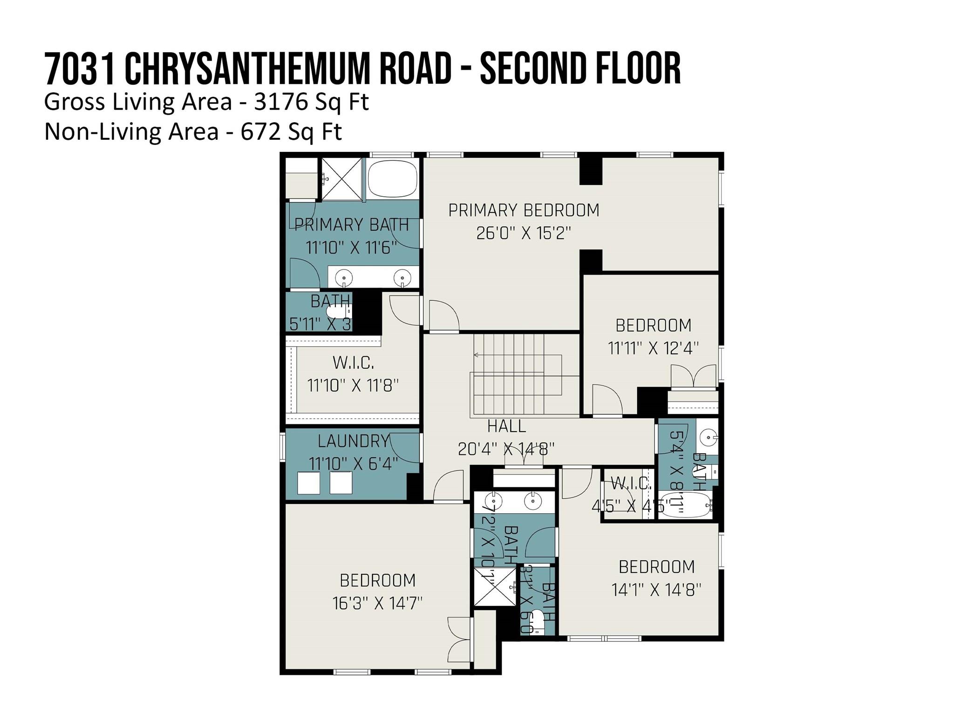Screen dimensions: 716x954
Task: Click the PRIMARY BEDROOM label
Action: click(x=524, y=210)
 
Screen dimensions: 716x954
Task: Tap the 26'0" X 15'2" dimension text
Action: click(x=524, y=233)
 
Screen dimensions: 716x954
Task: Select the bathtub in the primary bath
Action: click(x=393, y=179)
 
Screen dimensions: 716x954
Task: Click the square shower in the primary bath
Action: click(x=342, y=179)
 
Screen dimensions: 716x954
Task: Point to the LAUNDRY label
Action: click(x=353, y=441)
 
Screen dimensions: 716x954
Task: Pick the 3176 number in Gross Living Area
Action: click(x=281, y=102)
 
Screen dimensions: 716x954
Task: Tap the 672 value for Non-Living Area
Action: click(x=260, y=132)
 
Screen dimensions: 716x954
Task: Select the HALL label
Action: click(x=506, y=426)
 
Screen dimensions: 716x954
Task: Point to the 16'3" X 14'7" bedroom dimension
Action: click(x=377, y=604)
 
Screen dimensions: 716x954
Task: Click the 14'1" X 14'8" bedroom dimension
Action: click(x=656, y=590)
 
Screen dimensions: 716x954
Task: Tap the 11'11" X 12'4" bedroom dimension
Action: click(x=653, y=348)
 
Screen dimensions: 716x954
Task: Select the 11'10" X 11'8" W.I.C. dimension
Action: click(x=353, y=386)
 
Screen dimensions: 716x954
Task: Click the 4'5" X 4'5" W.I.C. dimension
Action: click(x=630, y=505)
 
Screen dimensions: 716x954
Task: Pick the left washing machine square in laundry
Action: click(x=309, y=483)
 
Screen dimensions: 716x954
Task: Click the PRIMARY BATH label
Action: click(x=352, y=225)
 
